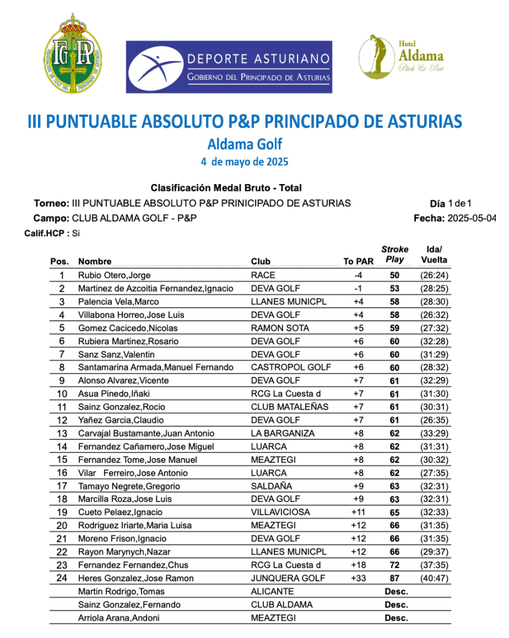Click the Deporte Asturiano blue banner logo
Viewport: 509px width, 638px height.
[x=229, y=67]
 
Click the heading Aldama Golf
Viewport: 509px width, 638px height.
[x=245, y=144]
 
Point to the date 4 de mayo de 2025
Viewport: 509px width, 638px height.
[x=245, y=162]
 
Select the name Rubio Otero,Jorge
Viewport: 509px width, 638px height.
[x=114, y=275]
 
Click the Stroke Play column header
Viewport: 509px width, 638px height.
[x=395, y=254]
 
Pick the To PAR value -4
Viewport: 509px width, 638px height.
[x=358, y=275]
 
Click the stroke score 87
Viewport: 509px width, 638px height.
[x=395, y=578]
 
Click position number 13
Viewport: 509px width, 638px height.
[x=62, y=433]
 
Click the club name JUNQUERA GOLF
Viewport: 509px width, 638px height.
[x=288, y=578]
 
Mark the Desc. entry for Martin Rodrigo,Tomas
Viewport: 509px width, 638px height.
[x=396, y=591]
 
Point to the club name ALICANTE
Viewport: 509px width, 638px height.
[x=272, y=591]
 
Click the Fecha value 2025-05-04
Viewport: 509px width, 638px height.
[x=472, y=218]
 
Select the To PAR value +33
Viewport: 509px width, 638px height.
[x=358, y=578]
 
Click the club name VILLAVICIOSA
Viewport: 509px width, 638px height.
[x=279, y=512]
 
